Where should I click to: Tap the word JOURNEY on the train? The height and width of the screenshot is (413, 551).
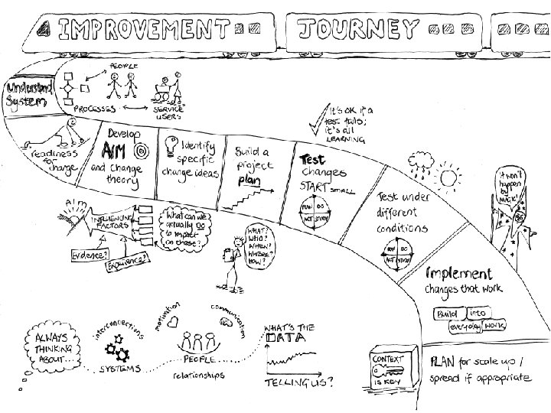pyautogui.click(x=358, y=30)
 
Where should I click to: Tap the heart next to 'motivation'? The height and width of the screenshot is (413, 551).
pyautogui.click(x=174, y=320)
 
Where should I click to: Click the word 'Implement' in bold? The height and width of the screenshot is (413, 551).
pyautogui.click(x=459, y=273)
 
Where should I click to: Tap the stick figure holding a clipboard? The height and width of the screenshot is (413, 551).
pyautogui.click(x=230, y=256)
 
